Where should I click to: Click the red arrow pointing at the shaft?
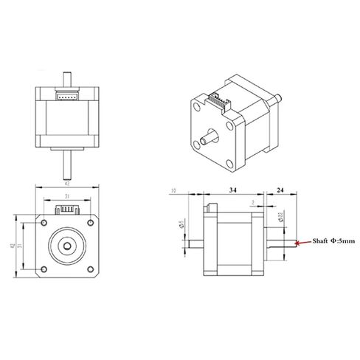click(300, 242)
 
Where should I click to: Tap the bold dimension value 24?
click(281, 190)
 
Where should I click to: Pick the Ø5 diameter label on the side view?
click(181, 224)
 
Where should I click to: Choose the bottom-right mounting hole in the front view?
click(88, 266)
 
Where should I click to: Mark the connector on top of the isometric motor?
click(220, 99)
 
